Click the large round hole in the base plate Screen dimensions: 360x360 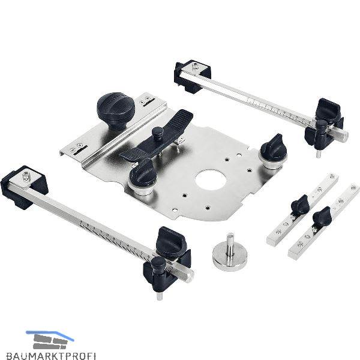coord(211,180)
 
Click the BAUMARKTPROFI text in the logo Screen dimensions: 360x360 coord(51,356)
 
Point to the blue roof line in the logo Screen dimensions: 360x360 coord(50,335)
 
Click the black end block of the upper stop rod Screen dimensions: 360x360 coord(192,76)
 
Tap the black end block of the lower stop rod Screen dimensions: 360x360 coord(24,187)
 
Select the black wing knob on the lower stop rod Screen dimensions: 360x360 coord(170,239)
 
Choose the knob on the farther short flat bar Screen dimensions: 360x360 coord(300,205)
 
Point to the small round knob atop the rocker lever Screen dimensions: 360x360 coord(157,133)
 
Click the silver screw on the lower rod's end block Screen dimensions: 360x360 coord(26,176)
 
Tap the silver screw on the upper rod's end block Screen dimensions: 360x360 coord(195,67)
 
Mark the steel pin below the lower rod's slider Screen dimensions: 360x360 coord(159,295)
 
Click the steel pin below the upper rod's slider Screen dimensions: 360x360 coord(318,154)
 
